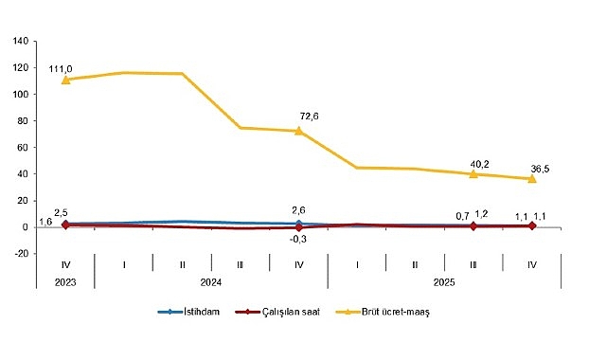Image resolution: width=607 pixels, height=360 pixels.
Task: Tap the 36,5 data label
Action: [x=540, y=169]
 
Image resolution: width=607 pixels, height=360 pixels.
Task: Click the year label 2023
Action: [x=65, y=281]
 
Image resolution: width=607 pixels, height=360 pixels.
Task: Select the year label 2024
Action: [x=210, y=281]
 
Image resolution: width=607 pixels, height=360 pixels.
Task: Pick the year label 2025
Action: [x=444, y=281]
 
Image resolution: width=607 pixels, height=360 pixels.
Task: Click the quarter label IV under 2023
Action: [x=65, y=262]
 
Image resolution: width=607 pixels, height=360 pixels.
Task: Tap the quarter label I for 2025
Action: [x=357, y=262]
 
